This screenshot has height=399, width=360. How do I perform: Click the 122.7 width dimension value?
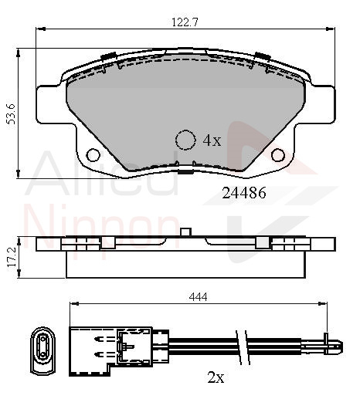(x=185, y=22)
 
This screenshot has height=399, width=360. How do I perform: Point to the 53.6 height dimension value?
(x=12, y=114)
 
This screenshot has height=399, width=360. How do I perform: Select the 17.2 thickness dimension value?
(x=12, y=257)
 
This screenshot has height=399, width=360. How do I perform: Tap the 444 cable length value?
(x=198, y=297)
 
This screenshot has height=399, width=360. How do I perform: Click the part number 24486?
(x=244, y=193)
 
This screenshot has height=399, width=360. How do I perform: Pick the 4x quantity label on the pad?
(x=212, y=140)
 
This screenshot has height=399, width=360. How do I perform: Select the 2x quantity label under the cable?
(x=216, y=377)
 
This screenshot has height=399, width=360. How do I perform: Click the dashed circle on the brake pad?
(x=185, y=140)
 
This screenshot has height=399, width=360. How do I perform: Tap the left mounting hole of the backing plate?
(x=93, y=155)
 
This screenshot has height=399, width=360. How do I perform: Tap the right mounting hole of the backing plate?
(x=278, y=155)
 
